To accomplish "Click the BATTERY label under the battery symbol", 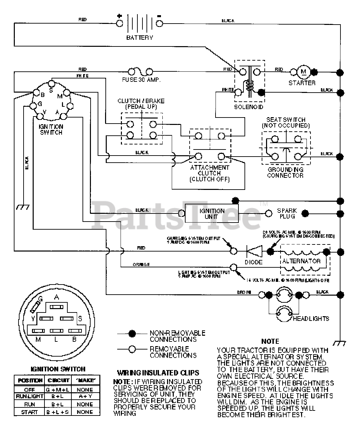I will [x=139, y=38].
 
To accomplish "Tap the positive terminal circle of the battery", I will [x=119, y=23].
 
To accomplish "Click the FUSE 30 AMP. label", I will [x=141, y=80].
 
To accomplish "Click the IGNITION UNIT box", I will [x=211, y=213].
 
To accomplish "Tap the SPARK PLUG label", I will [x=287, y=213].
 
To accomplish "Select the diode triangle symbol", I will [x=254, y=251].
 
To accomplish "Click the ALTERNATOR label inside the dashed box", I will [x=301, y=261].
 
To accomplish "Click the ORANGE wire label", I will [x=141, y=265].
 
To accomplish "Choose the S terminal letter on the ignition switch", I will [x=51, y=90].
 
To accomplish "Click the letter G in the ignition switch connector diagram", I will [x=40, y=298].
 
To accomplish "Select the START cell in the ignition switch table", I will [x=29, y=412].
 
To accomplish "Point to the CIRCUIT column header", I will [x=58, y=380].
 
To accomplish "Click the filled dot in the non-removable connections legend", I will [x=132, y=334].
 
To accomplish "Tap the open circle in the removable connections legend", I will [x=132, y=349].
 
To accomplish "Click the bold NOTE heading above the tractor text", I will [x=270, y=341].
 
